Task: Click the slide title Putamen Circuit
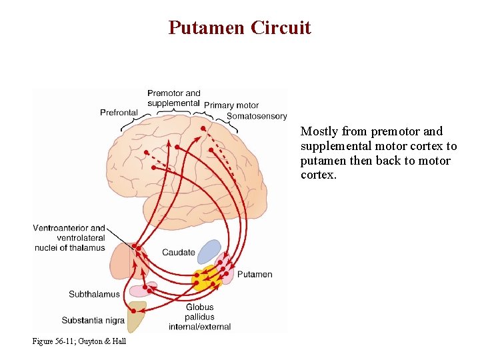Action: [239, 27]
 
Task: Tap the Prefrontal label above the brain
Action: [119, 113]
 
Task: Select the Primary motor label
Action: [231, 105]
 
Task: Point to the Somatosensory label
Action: [257, 117]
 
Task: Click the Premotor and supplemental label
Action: [173, 98]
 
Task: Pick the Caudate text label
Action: [179, 253]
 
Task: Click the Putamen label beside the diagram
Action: [255, 274]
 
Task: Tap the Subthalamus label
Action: [94, 294]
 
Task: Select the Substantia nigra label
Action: [93, 320]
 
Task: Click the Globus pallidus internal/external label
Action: [199, 317]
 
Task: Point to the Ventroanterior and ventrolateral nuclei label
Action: [69, 238]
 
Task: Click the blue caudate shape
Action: [209, 251]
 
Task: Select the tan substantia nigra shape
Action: [137, 318]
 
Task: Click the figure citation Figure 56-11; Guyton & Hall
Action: [79, 341]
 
